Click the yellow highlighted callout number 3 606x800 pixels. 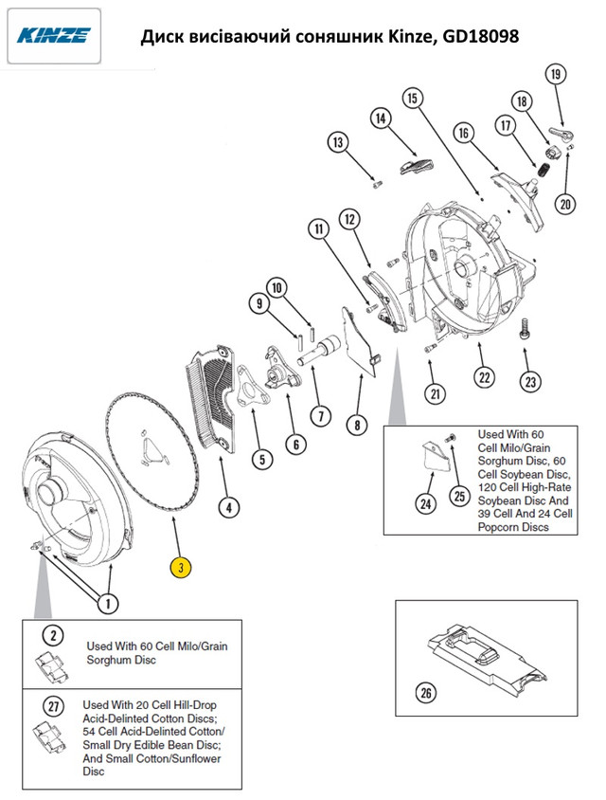tap(181, 568)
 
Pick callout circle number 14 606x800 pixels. tap(381, 119)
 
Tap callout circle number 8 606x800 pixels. tap(356, 426)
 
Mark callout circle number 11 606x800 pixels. tap(317, 229)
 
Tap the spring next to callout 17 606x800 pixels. tap(545, 170)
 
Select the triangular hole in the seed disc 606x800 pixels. tap(151, 451)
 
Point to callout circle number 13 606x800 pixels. tap(338, 143)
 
